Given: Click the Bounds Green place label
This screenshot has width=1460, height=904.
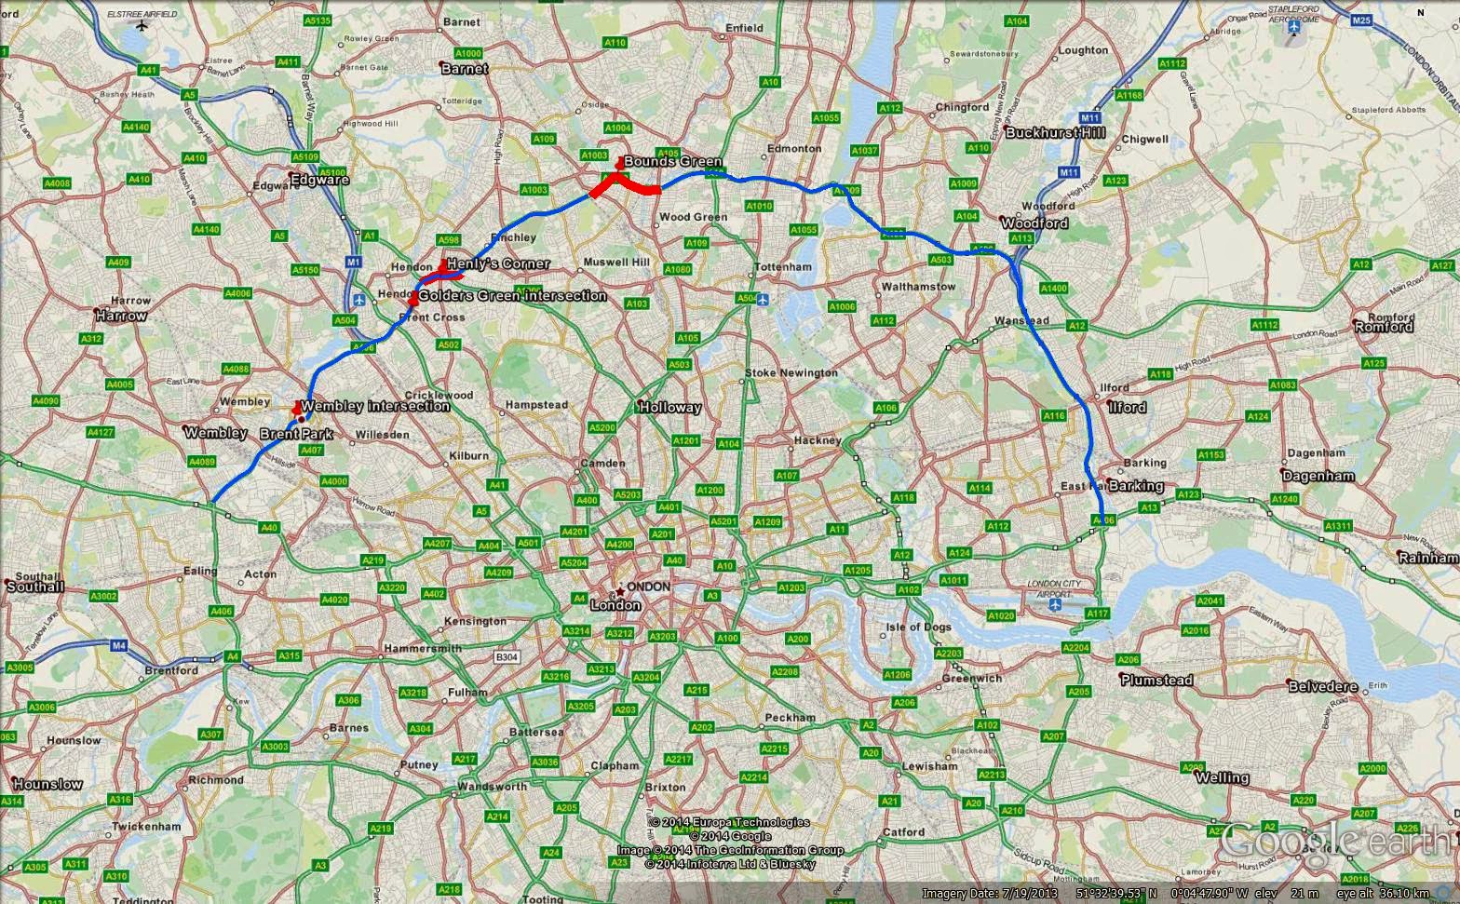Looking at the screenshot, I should click(672, 162).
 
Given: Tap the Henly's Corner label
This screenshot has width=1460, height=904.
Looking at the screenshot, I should click(497, 264).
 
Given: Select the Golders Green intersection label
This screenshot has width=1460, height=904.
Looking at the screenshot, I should click(512, 296).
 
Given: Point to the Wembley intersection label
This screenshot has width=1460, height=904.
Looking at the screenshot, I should click(375, 406).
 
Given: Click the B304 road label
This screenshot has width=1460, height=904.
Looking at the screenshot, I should click(507, 657).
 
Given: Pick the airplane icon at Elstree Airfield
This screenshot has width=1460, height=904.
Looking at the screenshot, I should click(141, 25).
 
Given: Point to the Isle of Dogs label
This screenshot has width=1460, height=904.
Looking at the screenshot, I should click(918, 627).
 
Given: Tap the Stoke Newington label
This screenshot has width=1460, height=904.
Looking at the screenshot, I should click(791, 373).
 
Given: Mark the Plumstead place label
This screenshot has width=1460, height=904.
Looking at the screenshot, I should click(1156, 681).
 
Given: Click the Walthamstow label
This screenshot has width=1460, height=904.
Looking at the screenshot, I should click(918, 287).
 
